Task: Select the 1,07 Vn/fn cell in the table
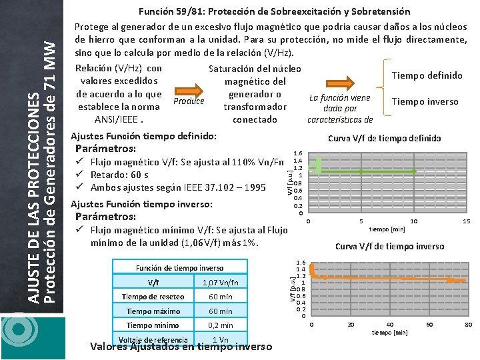coord(220,282)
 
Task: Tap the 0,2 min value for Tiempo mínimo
coord(220,325)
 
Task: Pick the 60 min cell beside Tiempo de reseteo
coord(220,297)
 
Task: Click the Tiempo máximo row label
coord(153,311)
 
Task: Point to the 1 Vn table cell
coord(220,339)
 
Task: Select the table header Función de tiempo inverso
coord(180,267)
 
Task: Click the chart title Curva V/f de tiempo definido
coord(384,138)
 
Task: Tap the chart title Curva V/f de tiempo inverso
coord(389,246)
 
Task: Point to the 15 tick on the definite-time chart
coord(467,221)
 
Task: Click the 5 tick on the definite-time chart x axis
coord(361,221)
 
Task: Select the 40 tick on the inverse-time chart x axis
coord(389,324)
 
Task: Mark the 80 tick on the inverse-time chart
coord(468,324)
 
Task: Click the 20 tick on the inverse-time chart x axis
coord(351,324)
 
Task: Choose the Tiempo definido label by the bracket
coord(427,75)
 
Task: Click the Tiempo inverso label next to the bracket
coord(425,101)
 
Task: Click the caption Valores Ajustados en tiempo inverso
coord(181,346)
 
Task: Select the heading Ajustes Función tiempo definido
coord(143,135)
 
